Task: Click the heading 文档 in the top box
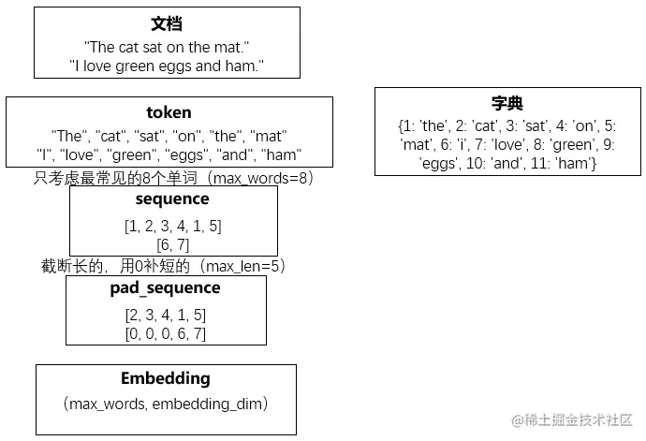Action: tap(167, 24)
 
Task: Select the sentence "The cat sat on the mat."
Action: tap(167, 46)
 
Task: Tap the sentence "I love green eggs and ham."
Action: tap(167, 66)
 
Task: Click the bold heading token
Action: tap(169, 113)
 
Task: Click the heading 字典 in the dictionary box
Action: tap(507, 104)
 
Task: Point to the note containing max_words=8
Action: tap(172, 178)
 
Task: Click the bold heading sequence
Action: tap(172, 199)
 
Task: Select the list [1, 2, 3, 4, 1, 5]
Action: tap(172, 226)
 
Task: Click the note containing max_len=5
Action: tap(163, 266)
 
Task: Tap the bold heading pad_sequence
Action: tap(166, 288)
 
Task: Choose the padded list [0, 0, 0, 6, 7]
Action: tap(166, 333)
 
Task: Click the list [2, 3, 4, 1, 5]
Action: tap(166, 315)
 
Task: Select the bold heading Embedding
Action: tap(166, 379)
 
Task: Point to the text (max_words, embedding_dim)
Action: tap(166, 404)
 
